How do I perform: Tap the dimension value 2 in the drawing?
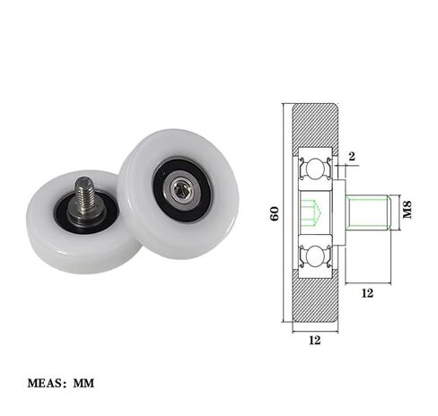pyautogui.click(x=351, y=157)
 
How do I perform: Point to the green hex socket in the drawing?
pyautogui.click(x=310, y=213)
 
